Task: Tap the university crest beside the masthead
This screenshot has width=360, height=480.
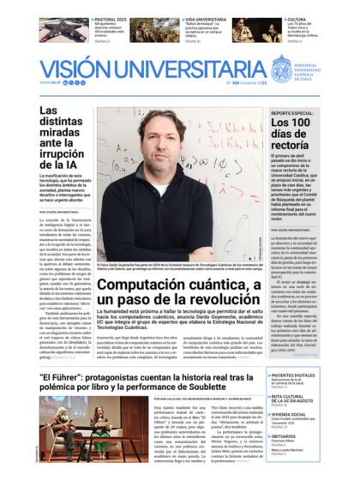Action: [282, 68]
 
